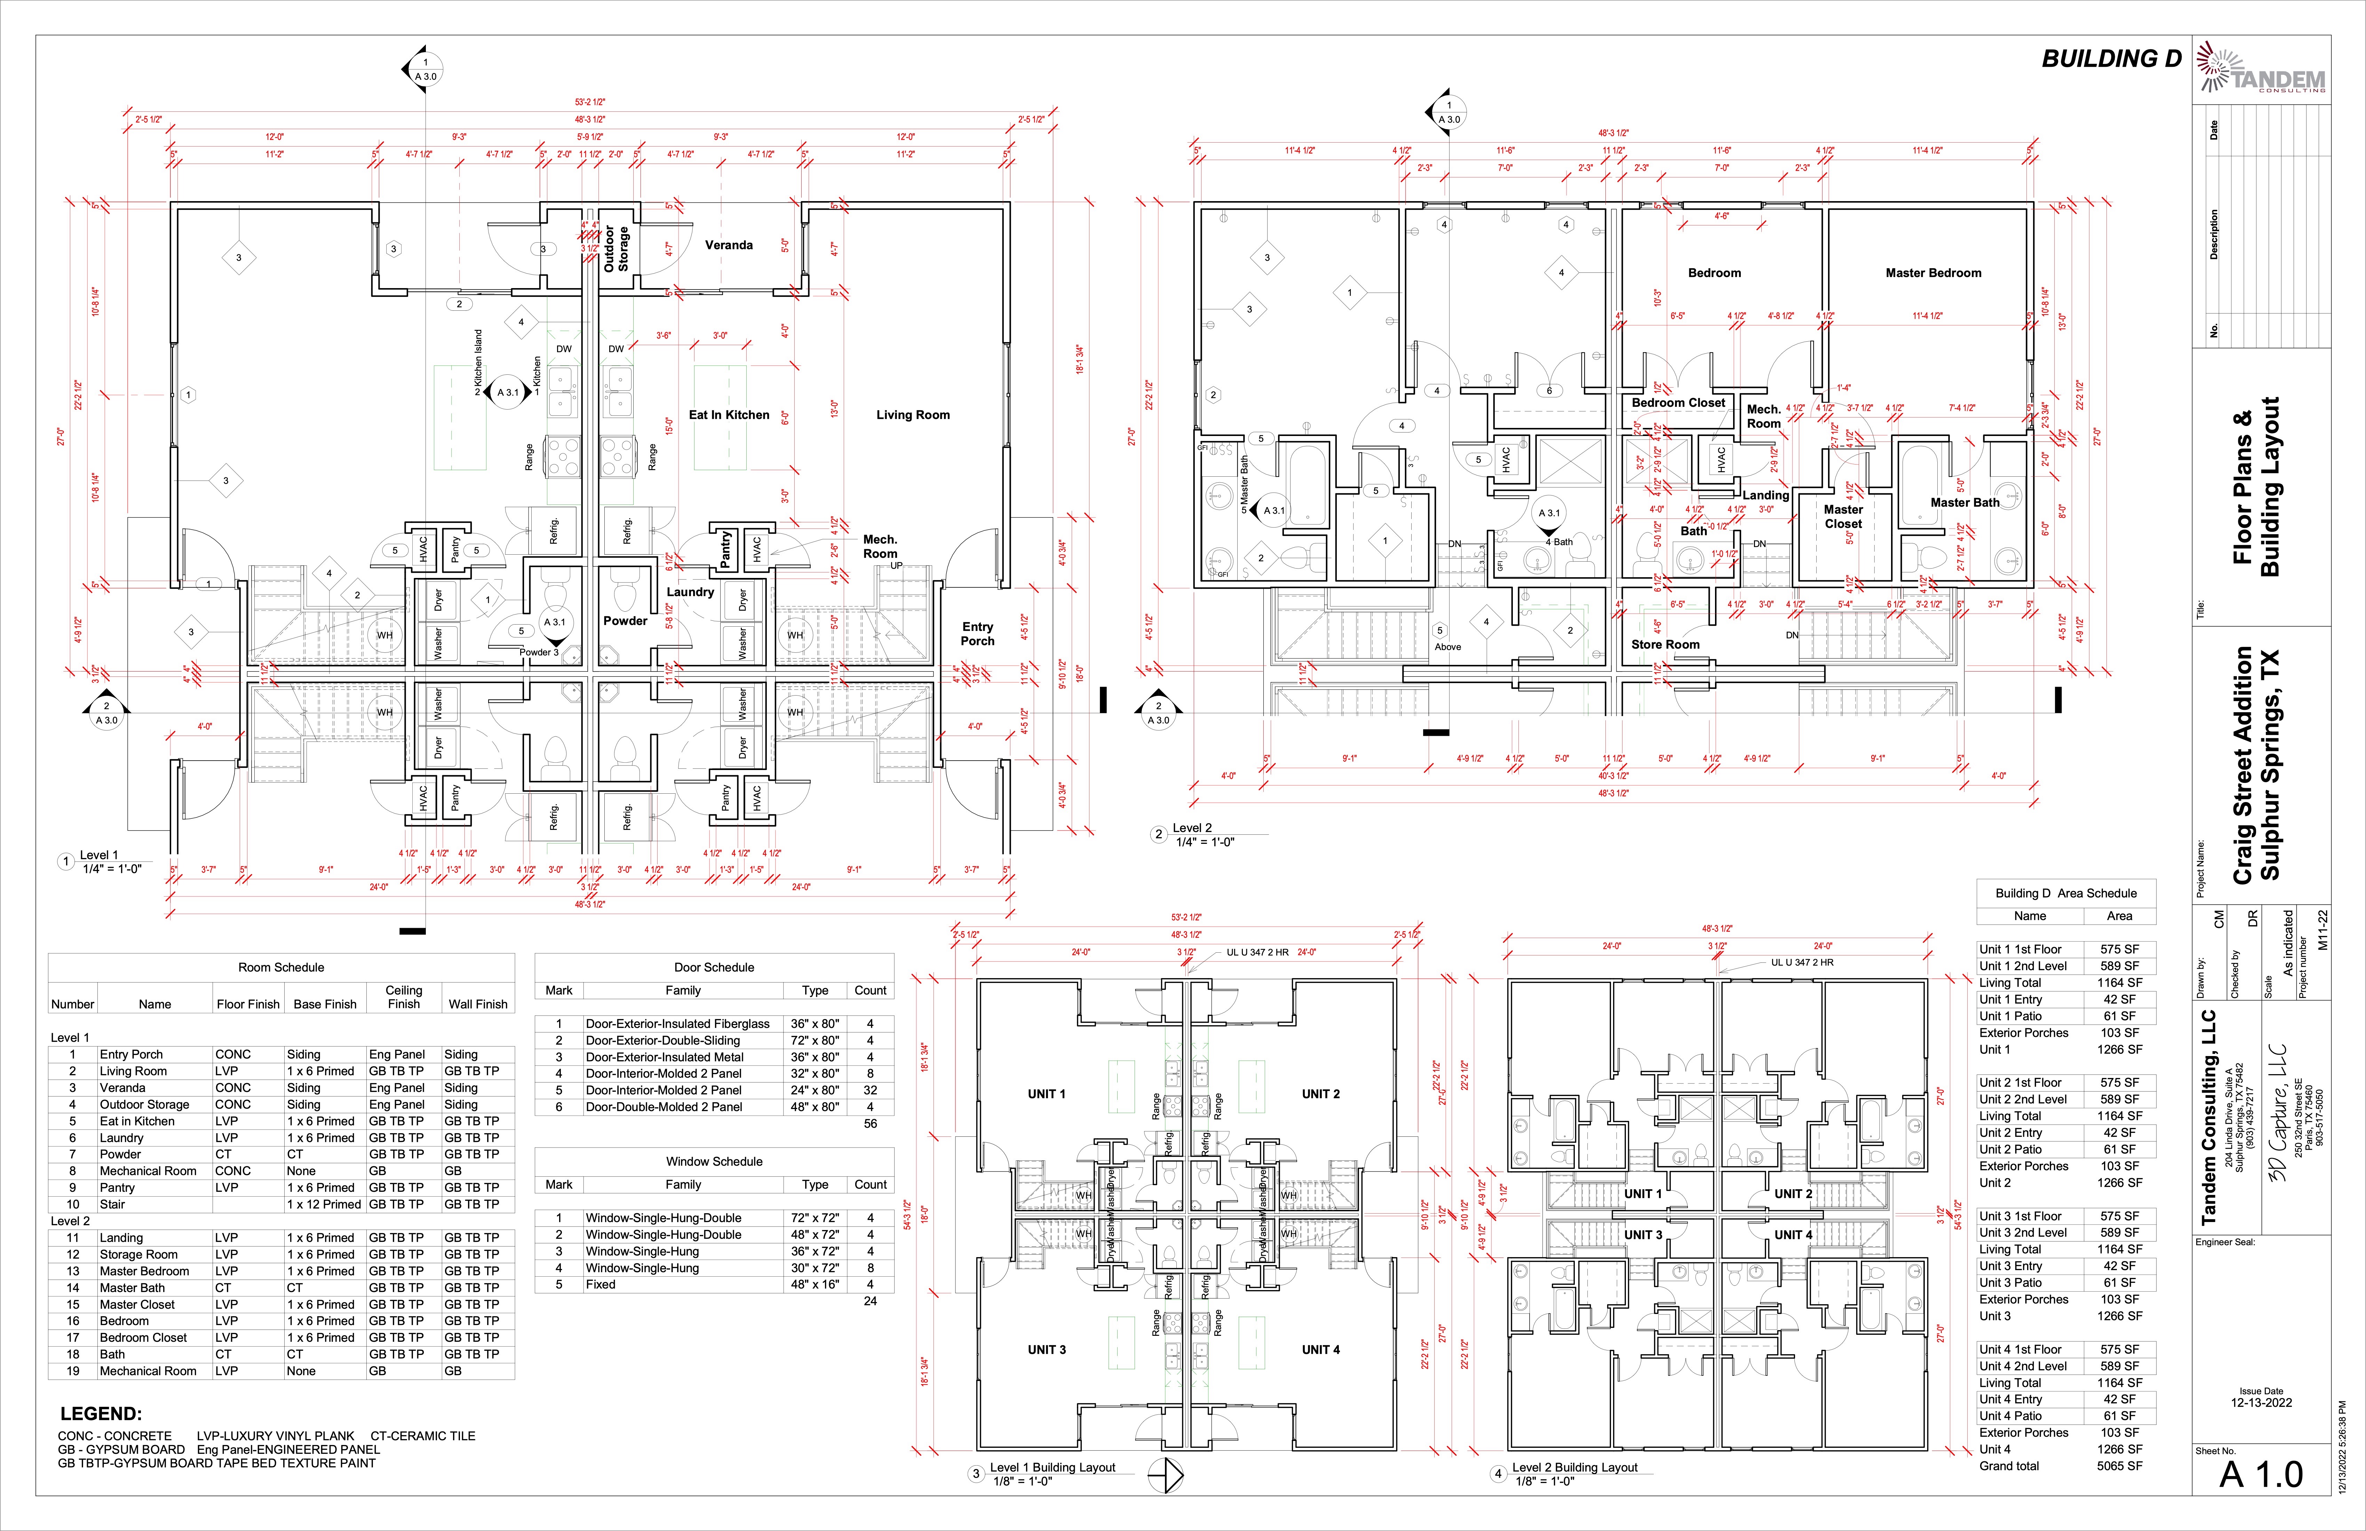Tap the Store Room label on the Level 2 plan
[1665, 644]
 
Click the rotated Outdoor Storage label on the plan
[616, 248]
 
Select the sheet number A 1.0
[2261, 1474]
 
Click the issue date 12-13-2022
[2261, 1403]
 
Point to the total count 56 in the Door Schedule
[870, 1124]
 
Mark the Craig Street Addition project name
[2243, 765]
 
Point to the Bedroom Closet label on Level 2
[1678, 403]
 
